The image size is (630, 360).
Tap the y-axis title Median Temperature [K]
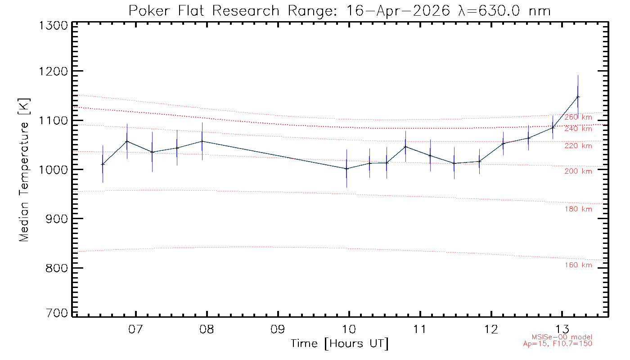click(24, 169)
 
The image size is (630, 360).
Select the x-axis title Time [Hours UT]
click(340, 344)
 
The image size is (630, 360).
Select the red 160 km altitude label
click(578, 265)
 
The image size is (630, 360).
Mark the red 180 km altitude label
click(578, 209)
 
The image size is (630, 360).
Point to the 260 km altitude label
click(578, 117)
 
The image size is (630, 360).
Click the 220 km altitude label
click(578, 146)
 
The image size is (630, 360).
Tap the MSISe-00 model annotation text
click(562, 337)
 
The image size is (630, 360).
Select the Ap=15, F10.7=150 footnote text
click(558, 344)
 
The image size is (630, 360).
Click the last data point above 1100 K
click(578, 97)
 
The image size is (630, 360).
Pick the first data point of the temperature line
click(103, 164)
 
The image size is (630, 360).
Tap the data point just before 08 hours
click(202, 141)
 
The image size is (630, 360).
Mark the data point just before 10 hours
click(346, 169)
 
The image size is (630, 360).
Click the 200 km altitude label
click(578, 171)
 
